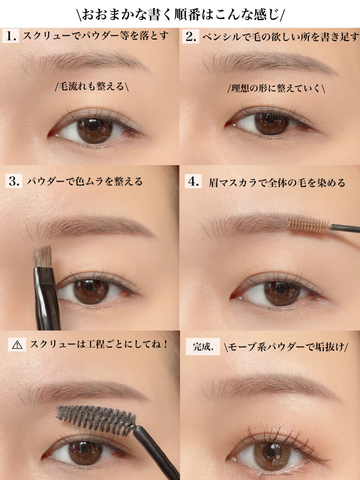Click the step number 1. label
11,36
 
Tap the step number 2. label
190,37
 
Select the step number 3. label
14,181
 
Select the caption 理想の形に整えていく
276,88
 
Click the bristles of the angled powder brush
43,256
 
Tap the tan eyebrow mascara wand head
308,224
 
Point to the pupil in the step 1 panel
94,126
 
